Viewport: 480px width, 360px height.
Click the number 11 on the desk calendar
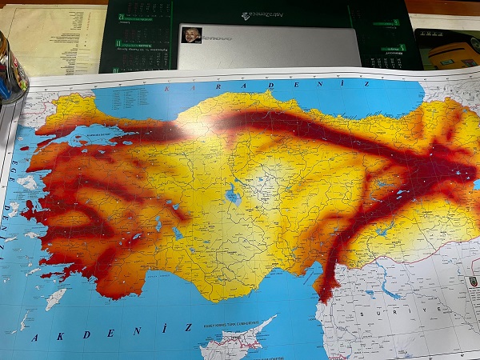tap(118, 44)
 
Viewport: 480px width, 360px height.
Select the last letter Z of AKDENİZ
tap(188, 326)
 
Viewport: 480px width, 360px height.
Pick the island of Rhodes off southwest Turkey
tap(55, 299)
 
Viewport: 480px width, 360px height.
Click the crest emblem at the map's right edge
tap(470, 282)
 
